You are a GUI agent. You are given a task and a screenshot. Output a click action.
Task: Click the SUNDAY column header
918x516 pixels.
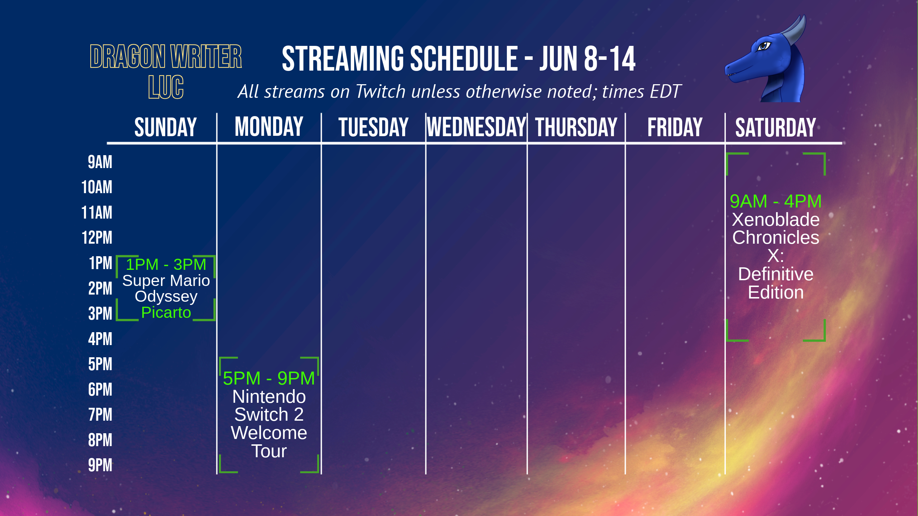166,127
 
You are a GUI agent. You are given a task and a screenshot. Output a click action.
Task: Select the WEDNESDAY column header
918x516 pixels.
476,127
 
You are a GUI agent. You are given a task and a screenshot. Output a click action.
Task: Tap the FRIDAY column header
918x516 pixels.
675,127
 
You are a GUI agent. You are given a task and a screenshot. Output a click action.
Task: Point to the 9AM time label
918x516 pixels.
100,162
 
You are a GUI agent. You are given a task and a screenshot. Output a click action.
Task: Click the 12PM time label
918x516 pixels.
97,238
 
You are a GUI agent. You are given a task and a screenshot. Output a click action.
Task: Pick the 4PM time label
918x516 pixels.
100,339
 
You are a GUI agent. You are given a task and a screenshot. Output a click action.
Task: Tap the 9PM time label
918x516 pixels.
100,465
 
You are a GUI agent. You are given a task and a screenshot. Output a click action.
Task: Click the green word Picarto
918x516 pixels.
166,312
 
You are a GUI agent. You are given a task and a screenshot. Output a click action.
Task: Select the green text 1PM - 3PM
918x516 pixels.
166,264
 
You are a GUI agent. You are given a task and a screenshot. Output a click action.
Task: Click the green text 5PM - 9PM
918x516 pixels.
269,378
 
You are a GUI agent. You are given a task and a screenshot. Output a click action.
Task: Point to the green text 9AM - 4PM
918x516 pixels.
776,201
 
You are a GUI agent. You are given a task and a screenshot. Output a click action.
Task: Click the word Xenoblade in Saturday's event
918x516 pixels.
776,219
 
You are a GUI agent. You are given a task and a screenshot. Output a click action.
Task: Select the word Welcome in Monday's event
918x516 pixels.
269,433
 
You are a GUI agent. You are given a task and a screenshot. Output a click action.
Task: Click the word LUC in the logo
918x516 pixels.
166,87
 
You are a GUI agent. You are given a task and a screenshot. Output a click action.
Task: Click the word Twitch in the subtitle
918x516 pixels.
380,91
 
